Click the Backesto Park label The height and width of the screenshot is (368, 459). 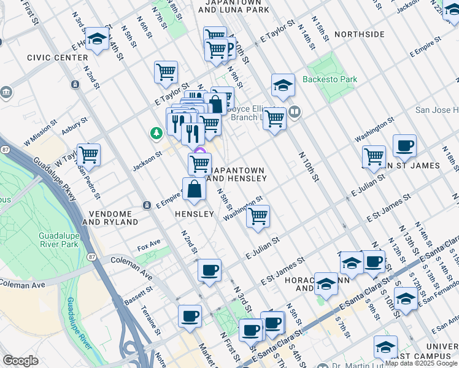click(x=330, y=80)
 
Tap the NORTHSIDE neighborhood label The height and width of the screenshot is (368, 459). click(x=360, y=34)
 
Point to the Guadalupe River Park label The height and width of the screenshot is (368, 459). click(x=58, y=240)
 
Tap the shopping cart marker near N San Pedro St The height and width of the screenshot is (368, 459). click(x=88, y=155)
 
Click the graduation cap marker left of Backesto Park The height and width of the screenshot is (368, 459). click(x=282, y=85)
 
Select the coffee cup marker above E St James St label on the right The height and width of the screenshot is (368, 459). click(x=404, y=146)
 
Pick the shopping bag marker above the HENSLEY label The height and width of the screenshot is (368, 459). click(x=194, y=190)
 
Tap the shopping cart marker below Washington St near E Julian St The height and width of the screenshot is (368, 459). click(x=258, y=217)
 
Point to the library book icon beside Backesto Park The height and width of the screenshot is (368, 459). click(x=295, y=112)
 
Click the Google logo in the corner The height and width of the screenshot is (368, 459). click(x=20, y=361)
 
